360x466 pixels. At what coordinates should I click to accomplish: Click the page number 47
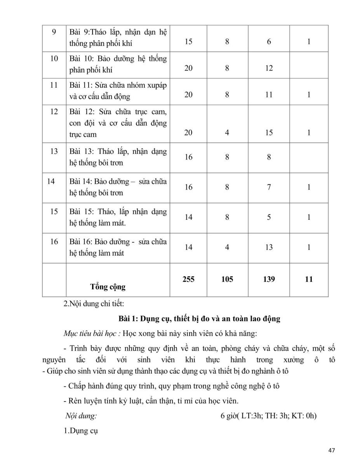[x=331, y=450]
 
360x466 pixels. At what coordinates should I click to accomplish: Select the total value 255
[x=188, y=279]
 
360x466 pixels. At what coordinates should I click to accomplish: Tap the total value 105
[x=227, y=279]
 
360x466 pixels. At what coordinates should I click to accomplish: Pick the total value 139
[x=269, y=279]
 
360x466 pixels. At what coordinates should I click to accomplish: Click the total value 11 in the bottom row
[x=309, y=279]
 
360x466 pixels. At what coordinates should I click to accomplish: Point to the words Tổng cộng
[x=108, y=287]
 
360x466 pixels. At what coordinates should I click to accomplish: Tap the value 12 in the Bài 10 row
[x=269, y=68]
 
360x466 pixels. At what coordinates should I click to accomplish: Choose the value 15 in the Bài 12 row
[x=269, y=133]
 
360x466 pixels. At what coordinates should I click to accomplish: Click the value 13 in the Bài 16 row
[x=269, y=247]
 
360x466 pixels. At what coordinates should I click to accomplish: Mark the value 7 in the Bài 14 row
[x=269, y=187]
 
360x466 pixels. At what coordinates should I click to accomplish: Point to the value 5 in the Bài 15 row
[x=269, y=217]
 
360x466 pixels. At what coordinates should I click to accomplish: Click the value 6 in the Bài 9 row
[x=269, y=42]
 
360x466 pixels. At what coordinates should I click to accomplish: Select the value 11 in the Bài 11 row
[x=269, y=94]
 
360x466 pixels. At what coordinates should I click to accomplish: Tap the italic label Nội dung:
[x=81, y=416]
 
